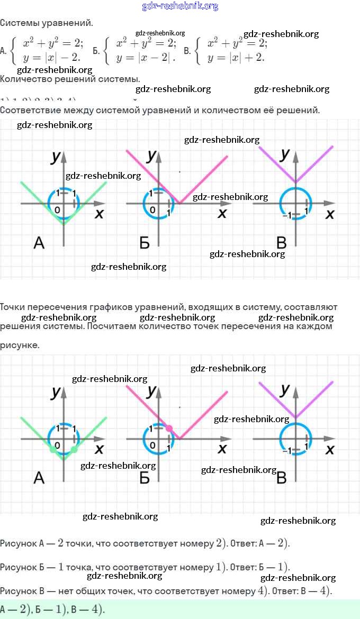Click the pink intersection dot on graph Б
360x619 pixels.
(169, 428)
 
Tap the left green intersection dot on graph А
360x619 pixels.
(52, 450)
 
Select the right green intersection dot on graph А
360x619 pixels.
(74, 450)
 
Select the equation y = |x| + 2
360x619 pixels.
(236, 57)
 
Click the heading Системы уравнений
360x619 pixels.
(46, 23)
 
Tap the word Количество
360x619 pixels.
(25, 79)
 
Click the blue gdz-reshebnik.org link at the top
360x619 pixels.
(180, 6)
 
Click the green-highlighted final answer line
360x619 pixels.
(53, 609)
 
